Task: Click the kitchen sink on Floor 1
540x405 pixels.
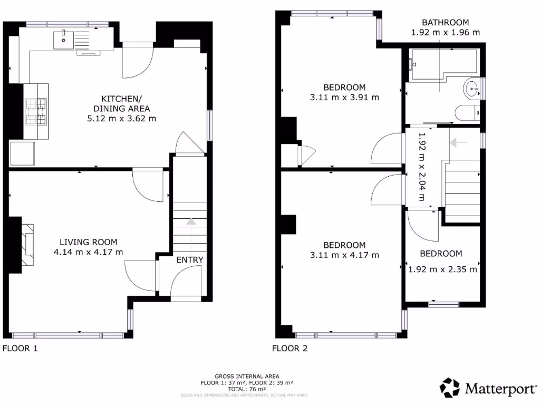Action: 64,37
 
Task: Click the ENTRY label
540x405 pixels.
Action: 189,259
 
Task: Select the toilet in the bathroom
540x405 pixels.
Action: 467,112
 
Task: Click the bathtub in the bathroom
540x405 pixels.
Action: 443,65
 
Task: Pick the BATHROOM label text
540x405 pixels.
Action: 445,22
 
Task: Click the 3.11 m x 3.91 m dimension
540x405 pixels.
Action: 344,97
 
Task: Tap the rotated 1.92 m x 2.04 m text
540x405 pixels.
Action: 421,167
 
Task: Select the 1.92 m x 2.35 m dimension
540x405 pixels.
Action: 443,269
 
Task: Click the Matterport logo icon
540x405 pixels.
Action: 449,388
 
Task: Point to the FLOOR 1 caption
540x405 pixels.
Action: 20,348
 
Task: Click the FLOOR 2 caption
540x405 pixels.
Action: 290,348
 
